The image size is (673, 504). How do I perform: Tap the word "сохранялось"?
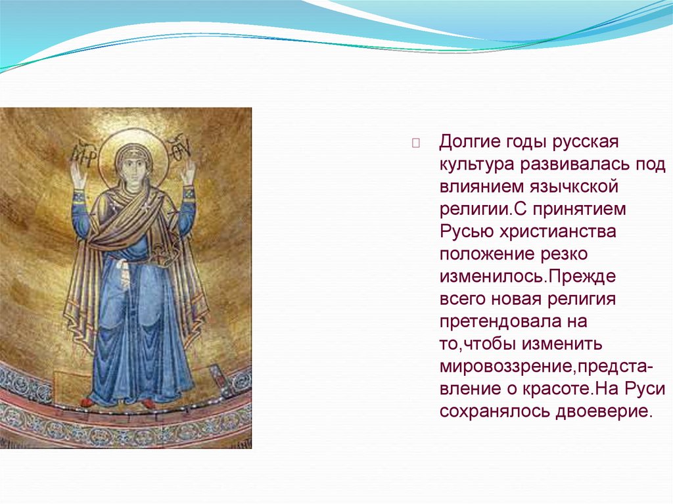tap(494, 411)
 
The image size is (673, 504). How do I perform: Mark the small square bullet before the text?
tap(415, 143)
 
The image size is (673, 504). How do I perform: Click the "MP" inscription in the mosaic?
tap(82, 155)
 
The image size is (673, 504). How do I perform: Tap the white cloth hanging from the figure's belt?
tap(124, 272)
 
